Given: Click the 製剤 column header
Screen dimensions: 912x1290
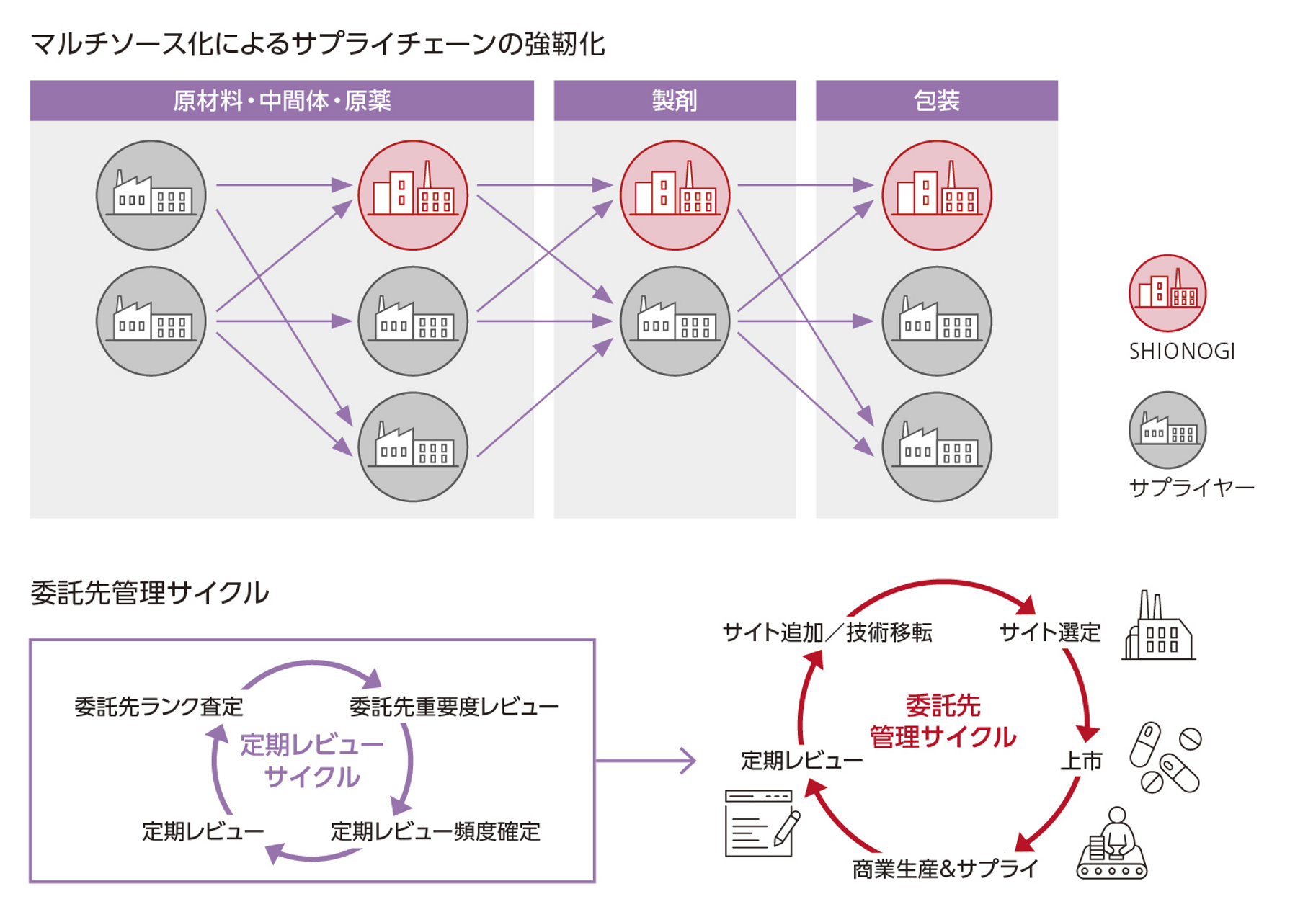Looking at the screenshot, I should [675, 100].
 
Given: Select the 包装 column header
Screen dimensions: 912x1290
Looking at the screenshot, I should [936, 100].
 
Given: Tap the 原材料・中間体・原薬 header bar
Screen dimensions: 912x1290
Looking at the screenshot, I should [282, 100].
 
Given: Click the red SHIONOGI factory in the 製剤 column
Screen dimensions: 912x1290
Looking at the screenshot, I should [675, 195].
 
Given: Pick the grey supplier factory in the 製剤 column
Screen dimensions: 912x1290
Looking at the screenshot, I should [675, 321].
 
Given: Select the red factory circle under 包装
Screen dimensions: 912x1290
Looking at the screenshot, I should [936, 195].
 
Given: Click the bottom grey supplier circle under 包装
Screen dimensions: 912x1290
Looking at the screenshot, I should [936, 447].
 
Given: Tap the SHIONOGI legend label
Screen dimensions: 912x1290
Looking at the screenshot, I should [1182, 352].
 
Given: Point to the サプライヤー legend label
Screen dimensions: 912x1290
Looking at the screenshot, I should [1191, 488].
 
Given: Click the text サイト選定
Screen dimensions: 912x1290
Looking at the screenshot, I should [1049, 632].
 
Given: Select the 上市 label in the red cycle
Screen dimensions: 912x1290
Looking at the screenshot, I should [1081, 761].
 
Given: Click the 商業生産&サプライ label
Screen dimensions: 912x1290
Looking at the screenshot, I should [945, 869].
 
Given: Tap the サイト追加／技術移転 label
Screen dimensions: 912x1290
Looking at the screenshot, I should [827, 632].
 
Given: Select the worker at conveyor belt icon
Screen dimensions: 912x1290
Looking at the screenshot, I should [1112, 844].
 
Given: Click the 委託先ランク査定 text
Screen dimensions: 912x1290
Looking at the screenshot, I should [159, 707].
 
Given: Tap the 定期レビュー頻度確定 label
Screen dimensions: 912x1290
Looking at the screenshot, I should [435, 832].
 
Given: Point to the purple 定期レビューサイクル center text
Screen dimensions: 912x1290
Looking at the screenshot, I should [311, 761].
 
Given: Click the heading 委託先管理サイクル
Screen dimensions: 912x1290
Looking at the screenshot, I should [149, 593].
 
